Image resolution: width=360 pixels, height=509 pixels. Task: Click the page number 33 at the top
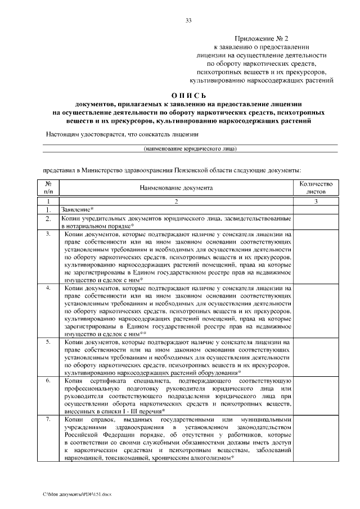point(188,21)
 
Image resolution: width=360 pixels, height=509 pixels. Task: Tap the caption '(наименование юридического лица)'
point(190,148)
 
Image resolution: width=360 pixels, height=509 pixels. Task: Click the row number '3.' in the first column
point(49,233)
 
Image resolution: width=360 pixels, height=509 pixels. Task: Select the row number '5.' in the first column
point(49,341)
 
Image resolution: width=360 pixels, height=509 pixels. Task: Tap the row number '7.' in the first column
point(49,419)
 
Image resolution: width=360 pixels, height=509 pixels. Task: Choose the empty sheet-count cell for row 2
point(316,221)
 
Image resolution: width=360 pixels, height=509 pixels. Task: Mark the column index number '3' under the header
point(316,201)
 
